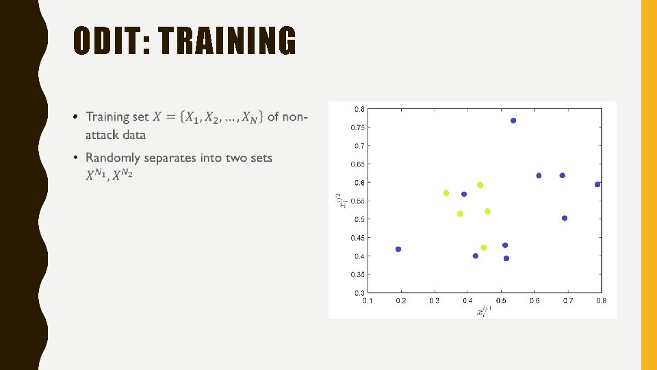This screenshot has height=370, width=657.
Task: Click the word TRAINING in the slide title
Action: tap(227, 41)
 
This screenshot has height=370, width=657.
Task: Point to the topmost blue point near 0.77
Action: tap(513, 121)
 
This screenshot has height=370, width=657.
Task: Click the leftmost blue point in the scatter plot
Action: tap(398, 249)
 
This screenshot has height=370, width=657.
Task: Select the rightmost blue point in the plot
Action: tap(597, 184)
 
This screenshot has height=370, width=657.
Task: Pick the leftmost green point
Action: tap(446, 193)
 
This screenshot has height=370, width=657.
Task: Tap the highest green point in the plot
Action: tap(480, 185)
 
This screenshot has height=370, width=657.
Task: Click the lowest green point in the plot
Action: tap(483, 247)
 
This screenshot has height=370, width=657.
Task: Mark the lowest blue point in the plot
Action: tap(506, 258)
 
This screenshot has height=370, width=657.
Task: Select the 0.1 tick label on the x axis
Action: tap(368, 300)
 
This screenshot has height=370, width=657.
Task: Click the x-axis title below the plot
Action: tap(485, 310)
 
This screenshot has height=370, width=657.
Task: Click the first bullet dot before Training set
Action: tap(77, 117)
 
